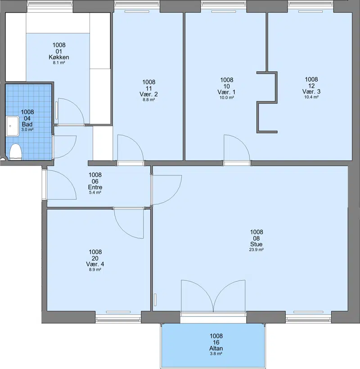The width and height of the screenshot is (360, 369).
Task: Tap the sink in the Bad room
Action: click(13, 126)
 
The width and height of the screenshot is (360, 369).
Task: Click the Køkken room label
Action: click(59, 57)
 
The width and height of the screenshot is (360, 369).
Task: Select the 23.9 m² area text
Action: click(256, 250)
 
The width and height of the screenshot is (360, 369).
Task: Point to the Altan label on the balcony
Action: click(216, 348)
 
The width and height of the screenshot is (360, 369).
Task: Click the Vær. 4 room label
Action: click(95, 264)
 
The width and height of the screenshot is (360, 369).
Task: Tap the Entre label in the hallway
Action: click(95, 187)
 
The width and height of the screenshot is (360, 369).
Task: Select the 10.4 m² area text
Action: click(311, 97)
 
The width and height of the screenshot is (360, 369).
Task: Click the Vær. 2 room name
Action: click(148, 94)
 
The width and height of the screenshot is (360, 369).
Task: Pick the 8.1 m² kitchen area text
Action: click(59, 63)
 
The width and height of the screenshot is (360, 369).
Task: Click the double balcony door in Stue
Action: click(213, 296)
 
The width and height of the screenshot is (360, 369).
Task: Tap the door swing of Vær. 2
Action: click(130, 148)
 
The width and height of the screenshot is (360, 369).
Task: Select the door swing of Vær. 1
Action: click(237, 148)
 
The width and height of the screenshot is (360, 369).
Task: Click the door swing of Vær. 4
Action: click(129, 223)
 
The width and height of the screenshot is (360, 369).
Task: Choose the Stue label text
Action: click(256, 244)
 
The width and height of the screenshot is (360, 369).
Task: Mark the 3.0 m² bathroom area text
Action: click(27, 130)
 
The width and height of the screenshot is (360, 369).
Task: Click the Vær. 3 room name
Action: click(311, 91)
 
